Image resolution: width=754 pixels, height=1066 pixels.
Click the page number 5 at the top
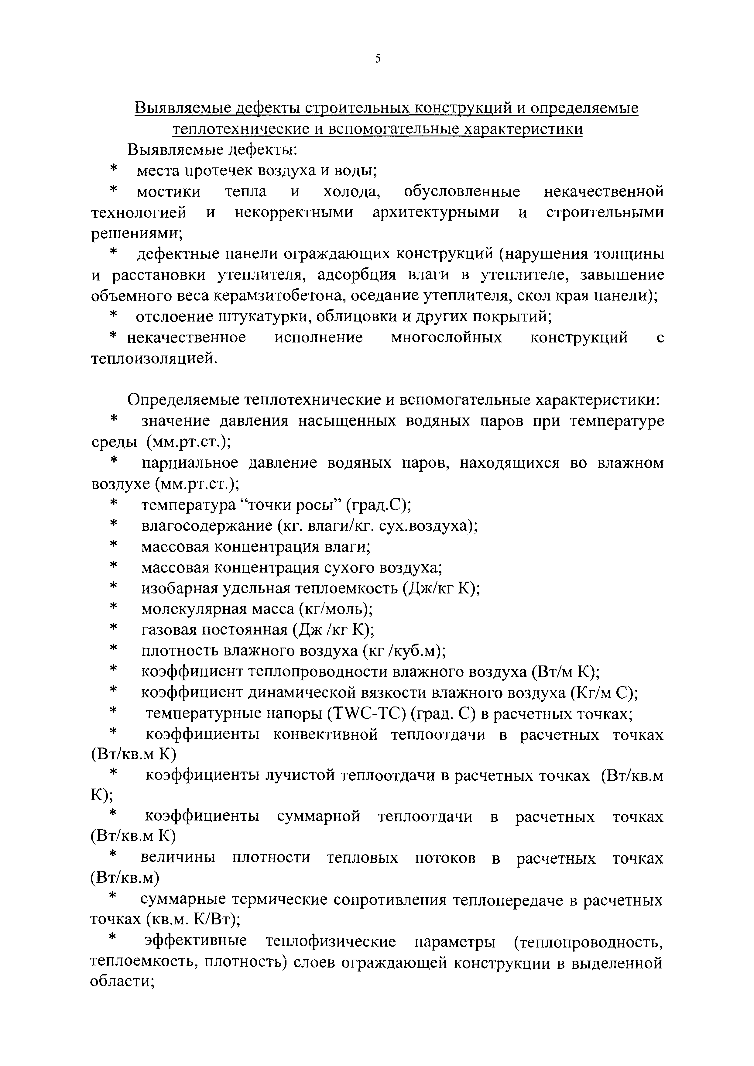click(378, 59)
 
